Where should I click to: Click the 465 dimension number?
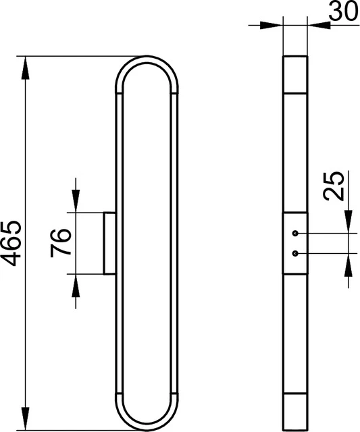[11, 243]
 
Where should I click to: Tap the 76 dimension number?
[61, 243]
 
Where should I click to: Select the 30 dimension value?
[344, 11]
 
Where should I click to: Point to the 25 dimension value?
[334, 186]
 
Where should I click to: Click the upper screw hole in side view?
[296, 234]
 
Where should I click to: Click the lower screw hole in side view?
[296, 253]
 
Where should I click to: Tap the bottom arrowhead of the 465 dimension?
[26, 418]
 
